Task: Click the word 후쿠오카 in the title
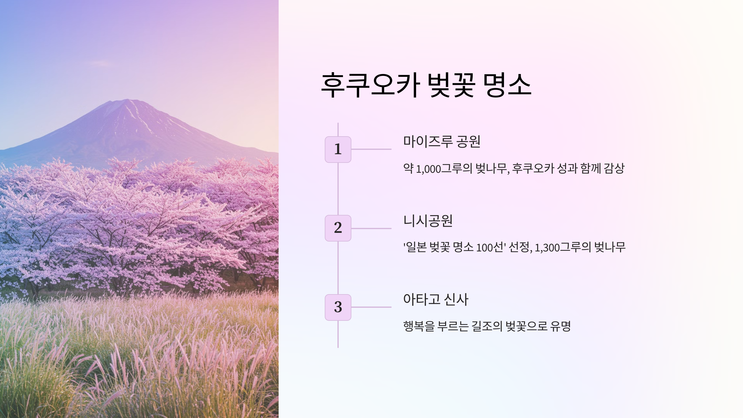click(370, 85)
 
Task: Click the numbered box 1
click(338, 149)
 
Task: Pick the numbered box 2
click(338, 228)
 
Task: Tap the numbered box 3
click(338, 307)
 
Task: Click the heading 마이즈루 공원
click(441, 142)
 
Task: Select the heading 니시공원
click(428, 221)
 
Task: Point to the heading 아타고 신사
click(436, 299)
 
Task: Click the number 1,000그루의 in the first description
click(444, 169)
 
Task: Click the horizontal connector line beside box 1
click(371, 149)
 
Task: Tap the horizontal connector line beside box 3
click(371, 307)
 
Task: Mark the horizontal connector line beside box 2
click(371, 229)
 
